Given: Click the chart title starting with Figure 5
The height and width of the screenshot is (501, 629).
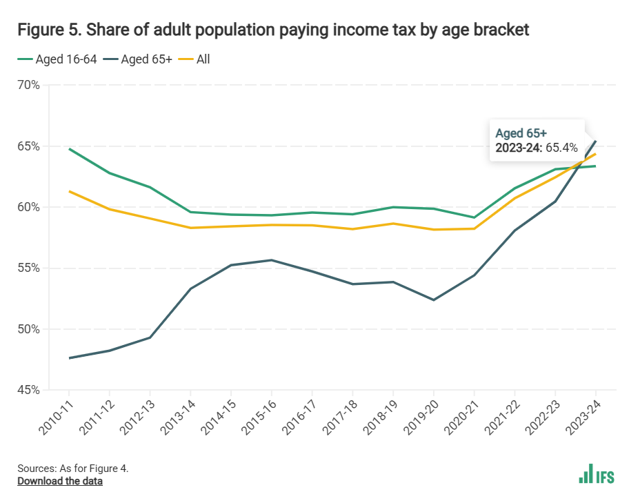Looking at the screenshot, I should click(273, 30).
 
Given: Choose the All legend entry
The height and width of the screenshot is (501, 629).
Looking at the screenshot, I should click(203, 59).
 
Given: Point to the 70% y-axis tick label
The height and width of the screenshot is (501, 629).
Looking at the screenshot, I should click(28, 86).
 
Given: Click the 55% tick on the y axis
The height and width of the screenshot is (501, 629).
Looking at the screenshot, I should click(28, 268).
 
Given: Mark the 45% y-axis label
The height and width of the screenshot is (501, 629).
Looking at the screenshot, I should click(28, 391).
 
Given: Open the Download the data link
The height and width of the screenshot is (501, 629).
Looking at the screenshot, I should click(60, 481).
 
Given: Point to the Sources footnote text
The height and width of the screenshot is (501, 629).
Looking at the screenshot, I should click(73, 468).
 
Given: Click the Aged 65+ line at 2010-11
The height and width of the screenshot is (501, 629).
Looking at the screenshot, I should click(70, 358).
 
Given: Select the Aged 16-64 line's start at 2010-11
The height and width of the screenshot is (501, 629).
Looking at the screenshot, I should click(70, 148).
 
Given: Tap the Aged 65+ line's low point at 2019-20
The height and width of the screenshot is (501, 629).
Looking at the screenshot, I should click(434, 300).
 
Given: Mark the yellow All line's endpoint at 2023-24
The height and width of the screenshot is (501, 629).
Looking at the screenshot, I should click(595, 154).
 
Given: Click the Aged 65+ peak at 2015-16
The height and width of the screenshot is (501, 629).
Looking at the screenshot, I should click(272, 260).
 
